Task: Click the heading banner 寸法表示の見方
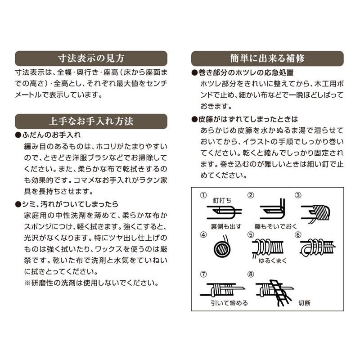tap(91, 58)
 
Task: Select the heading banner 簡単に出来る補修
tap(267, 58)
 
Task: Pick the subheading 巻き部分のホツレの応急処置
tap(246, 73)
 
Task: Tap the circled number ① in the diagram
tap(203, 195)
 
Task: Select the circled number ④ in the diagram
tap(203, 234)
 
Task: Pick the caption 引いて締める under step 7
tap(229, 303)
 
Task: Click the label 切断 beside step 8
tap(304, 303)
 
